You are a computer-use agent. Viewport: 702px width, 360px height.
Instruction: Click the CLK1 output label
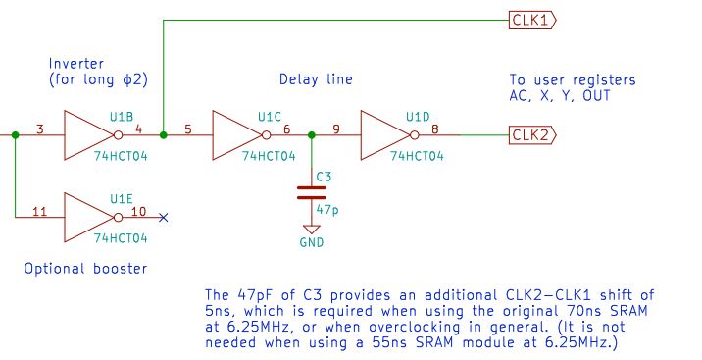[x=531, y=21]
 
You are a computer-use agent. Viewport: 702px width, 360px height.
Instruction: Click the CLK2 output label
[x=531, y=135]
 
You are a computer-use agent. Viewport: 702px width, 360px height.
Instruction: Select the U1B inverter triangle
[x=88, y=135]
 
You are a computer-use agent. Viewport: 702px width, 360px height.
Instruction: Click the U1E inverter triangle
[x=88, y=218]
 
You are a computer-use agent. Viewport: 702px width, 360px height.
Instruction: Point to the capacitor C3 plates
[x=312, y=192]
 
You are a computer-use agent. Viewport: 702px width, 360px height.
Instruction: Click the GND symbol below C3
[x=312, y=230]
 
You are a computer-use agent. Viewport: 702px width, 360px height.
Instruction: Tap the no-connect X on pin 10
[x=164, y=218]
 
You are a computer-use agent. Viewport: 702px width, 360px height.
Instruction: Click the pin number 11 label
[x=40, y=211]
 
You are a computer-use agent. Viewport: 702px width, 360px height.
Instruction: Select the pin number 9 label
[x=335, y=129]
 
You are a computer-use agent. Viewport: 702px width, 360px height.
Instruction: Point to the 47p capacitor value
[x=327, y=210]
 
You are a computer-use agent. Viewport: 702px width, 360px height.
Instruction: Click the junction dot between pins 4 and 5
[x=164, y=134]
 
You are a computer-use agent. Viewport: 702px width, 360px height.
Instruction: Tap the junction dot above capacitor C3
[x=312, y=134]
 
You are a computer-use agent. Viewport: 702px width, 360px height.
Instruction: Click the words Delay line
[x=316, y=79]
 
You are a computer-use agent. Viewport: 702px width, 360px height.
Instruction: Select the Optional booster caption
[x=85, y=269]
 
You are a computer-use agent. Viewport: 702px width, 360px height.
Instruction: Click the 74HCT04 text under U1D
[x=417, y=156]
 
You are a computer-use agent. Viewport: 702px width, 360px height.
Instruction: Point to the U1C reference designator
[x=270, y=117]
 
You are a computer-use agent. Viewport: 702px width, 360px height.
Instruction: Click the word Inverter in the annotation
[x=76, y=63]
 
